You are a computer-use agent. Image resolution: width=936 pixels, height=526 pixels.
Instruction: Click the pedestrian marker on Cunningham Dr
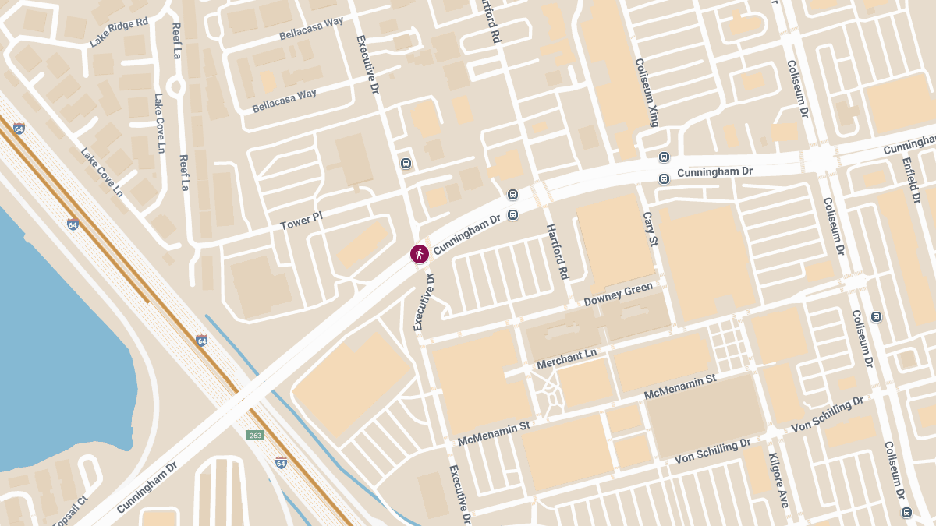pyautogui.click(x=420, y=253)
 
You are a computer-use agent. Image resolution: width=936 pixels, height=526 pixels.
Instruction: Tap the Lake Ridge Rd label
pyautogui.click(x=119, y=33)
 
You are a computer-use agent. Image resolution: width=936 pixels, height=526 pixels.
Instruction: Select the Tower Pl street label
pyautogui.click(x=301, y=221)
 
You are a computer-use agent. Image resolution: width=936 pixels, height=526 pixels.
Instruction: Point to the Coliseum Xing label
pyautogui.click(x=647, y=92)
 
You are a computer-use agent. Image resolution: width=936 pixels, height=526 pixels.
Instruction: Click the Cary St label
pyautogui.click(x=648, y=229)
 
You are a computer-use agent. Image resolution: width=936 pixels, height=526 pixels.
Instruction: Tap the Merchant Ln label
pyautogui.click(x=566, y=359)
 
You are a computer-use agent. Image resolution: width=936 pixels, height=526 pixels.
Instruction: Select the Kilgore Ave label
pyautogui.click(x=778, y=480)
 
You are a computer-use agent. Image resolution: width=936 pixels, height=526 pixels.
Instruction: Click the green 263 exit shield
pyautogui.click(x=255, y=435)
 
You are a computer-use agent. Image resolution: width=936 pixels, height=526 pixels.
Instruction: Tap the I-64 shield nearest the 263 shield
pyautogui.click(x=281, y=463)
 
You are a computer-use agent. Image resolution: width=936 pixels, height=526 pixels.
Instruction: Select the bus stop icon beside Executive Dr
pyautogui.click(x=406, y=163)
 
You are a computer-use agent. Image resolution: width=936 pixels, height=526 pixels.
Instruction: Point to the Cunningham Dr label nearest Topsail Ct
pyautogui.click(x=147, y=487)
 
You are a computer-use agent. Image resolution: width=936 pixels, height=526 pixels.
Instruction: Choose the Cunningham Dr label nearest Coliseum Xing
pyautogui.click(x=714, y=171)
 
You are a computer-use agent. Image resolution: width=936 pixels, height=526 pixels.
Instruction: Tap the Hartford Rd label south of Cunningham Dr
pyautogui.click(x=556, y=252)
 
